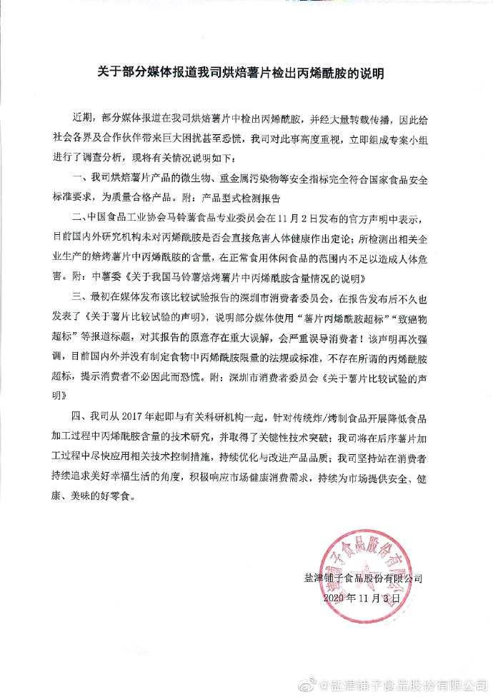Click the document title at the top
246,74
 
